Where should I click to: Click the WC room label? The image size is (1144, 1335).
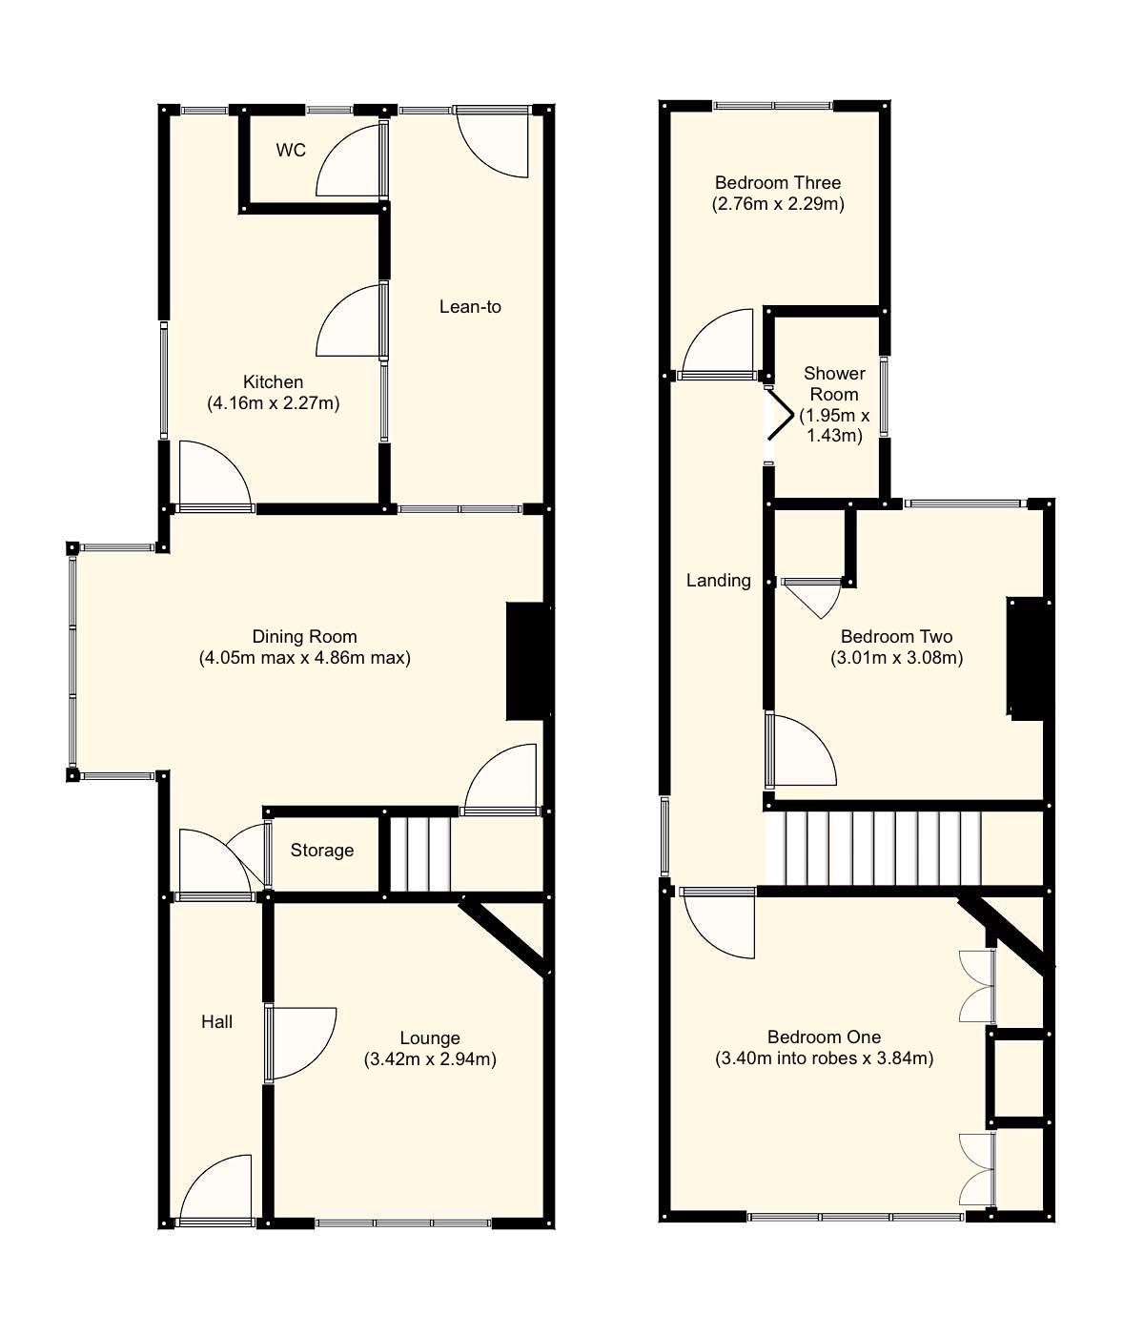tap(291, 151)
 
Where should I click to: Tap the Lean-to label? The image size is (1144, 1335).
tap(470, 307)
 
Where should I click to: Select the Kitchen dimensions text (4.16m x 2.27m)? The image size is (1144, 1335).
tap(273, 403)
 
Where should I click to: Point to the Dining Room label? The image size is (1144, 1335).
tap(304, 637)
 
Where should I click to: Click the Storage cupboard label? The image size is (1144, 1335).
tap(322, 851)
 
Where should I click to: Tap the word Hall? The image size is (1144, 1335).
tap(216, 1022)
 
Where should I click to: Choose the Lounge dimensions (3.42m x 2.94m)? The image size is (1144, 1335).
tap(430, 1059)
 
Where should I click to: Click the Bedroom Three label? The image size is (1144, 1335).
tap(778, 183)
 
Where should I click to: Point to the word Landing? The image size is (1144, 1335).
tap(719, 581)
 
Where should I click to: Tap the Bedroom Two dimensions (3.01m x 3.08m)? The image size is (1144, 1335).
tap(896, 658)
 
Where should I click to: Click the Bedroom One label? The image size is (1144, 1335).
tap(824, 1037)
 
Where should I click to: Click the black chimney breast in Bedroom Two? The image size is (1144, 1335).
tap(1026, 657)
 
